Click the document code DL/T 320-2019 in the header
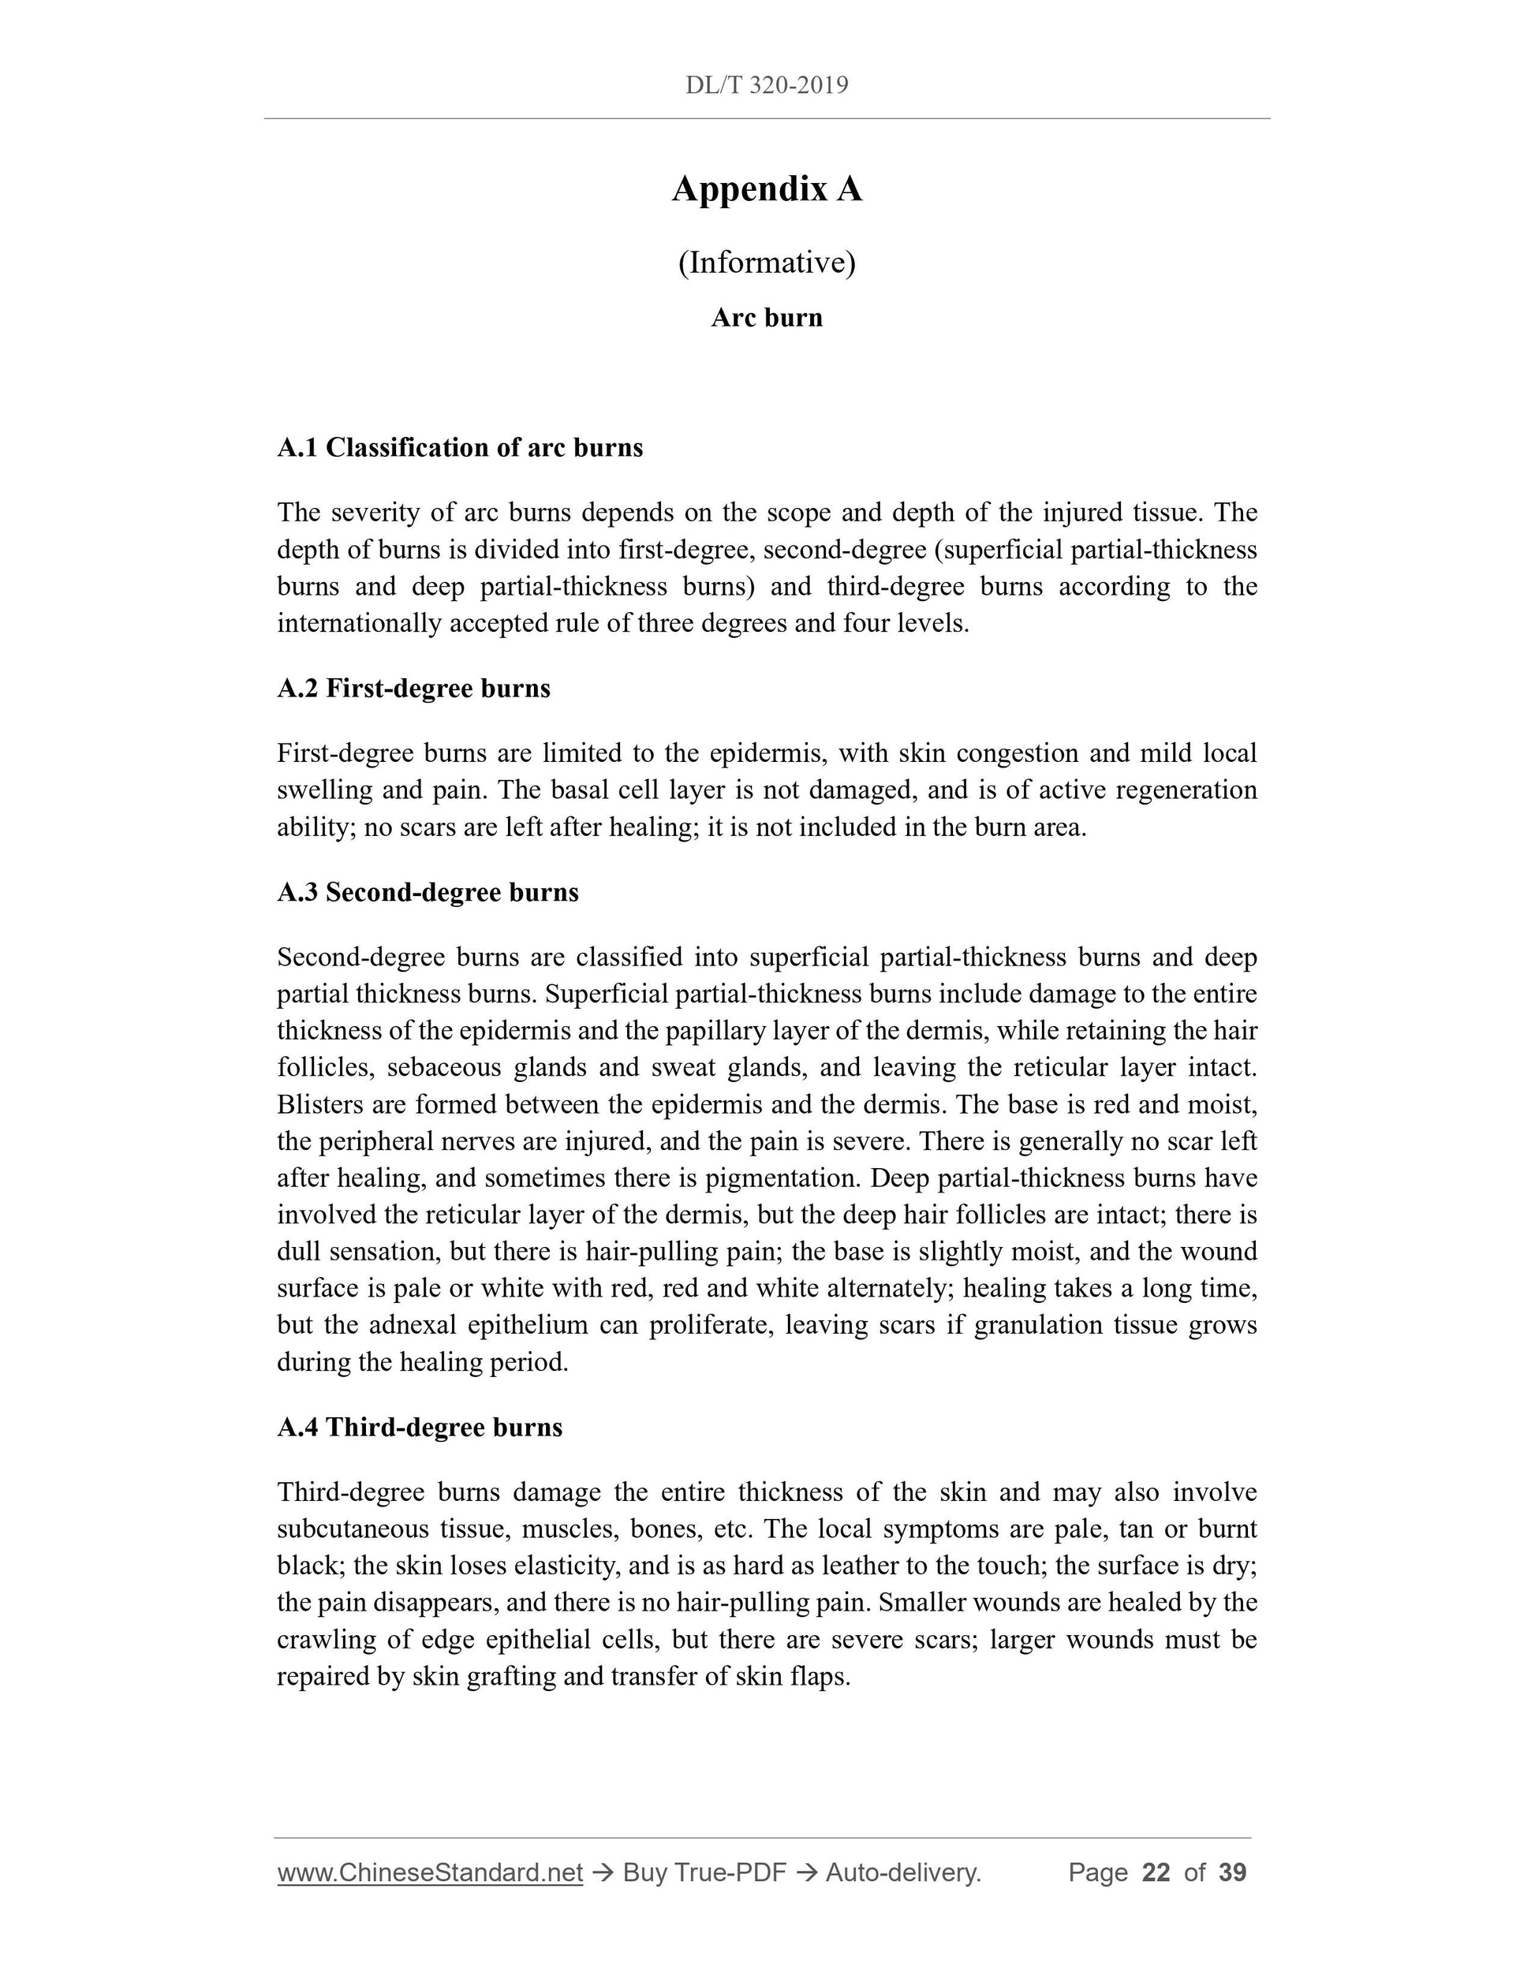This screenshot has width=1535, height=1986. click(767, 85)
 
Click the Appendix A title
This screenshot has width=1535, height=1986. click(767, 189)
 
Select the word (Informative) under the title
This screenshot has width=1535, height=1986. click(767, 263)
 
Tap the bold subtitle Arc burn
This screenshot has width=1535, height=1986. click(767, 317)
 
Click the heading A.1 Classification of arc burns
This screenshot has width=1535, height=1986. click(460, 447)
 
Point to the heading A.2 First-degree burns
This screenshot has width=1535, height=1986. click(414, 689)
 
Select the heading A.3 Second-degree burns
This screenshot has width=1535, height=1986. click(428, 892)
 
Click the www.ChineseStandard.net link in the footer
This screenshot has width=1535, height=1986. click(430, 1872)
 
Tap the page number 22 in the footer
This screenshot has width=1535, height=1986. click(1156, 1872)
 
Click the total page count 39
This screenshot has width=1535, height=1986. click(1232, 1872)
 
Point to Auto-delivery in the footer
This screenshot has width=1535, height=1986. click(903, 1872)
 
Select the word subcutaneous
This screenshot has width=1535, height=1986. click(350, 1529)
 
